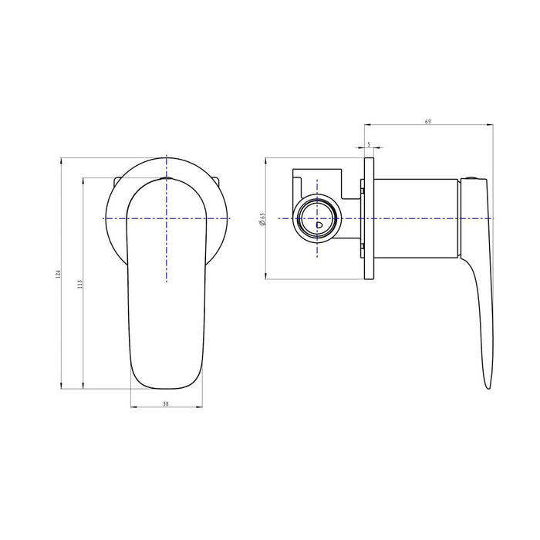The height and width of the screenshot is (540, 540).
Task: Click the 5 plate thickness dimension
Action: point(370,144)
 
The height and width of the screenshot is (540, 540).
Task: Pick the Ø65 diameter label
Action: point(262,220)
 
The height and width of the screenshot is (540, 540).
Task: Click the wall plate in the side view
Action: point(370,220)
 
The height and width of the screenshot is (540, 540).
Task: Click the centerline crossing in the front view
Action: point(167,220)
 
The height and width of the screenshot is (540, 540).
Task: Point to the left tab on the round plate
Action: point(115,181)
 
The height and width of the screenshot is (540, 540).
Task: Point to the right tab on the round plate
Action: point(218,181)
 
